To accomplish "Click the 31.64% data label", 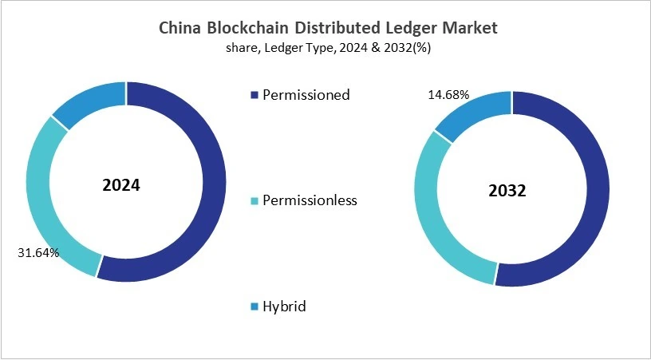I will (x=37, y=253).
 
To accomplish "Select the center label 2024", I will (x=121, y=185).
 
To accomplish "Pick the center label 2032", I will (x=508, y=192).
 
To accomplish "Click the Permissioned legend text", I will (x=306, y=95).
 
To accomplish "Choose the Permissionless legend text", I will (x=310, y=200).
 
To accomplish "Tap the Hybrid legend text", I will (x=285, y=307).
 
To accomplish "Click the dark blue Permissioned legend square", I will (x=254, y=95).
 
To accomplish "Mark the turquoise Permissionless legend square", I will (x=254, y=201).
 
